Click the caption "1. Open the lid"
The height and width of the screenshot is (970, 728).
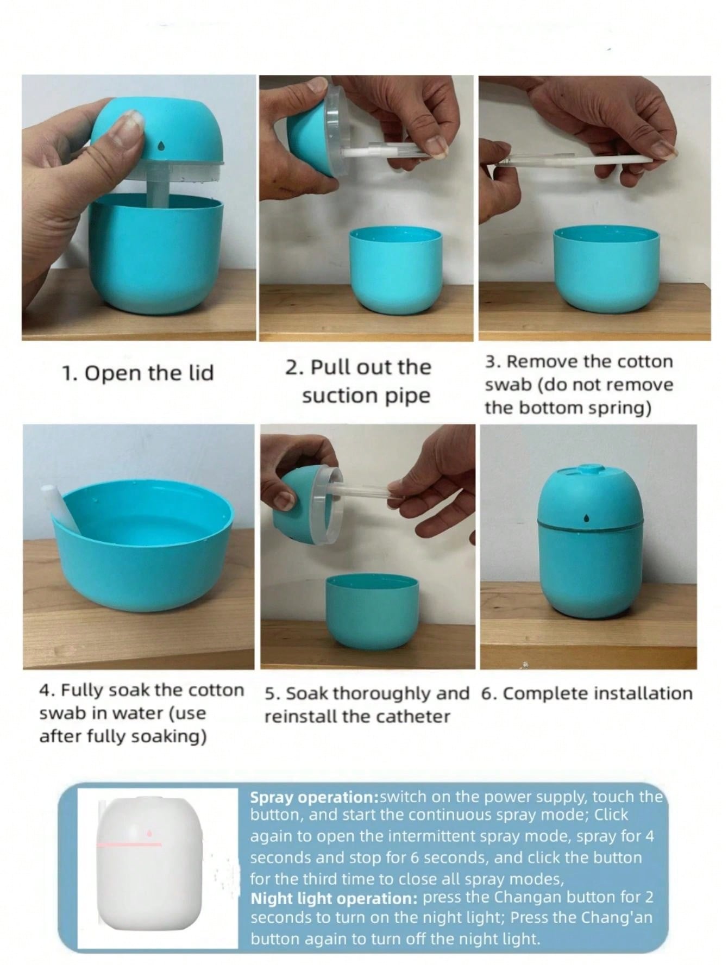138,373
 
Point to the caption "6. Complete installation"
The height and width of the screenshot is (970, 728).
587,694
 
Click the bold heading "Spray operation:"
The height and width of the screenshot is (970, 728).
315,798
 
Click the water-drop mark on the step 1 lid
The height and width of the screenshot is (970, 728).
161,146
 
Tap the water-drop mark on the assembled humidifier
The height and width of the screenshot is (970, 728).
586,518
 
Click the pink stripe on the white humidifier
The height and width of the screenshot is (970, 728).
129,844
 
